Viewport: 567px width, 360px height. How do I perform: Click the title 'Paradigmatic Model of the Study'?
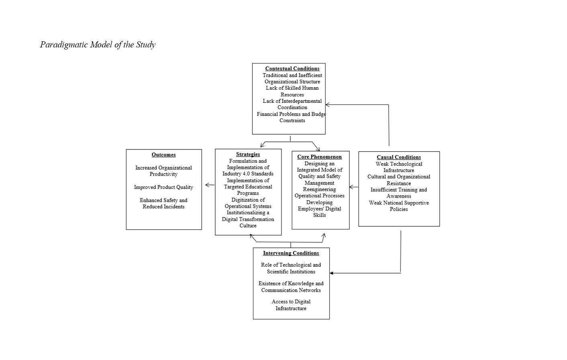98,45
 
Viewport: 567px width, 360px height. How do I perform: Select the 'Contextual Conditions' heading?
292,68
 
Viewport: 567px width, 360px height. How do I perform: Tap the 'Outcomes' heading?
163,155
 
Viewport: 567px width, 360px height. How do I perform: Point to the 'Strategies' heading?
248,154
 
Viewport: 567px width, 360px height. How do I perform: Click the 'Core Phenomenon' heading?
320,157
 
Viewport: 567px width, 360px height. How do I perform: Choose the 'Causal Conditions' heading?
399,157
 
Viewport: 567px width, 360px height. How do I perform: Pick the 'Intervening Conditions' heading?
291,253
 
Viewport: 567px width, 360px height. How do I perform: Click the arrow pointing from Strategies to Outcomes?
210,185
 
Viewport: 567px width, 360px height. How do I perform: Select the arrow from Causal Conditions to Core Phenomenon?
354,187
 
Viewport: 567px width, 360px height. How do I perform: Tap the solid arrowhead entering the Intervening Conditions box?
331,273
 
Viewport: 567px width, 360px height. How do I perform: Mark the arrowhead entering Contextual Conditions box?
327,104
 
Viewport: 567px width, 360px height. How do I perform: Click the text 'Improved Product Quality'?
163,187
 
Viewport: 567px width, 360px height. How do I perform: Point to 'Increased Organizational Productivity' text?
163,171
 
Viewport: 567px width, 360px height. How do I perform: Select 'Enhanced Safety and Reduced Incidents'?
163,203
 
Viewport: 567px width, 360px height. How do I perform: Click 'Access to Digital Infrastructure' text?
291,305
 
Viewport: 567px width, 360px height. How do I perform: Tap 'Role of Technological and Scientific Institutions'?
291,268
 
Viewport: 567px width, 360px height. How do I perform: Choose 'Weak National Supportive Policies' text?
399,206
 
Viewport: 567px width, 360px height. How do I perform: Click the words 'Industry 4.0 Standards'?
248,174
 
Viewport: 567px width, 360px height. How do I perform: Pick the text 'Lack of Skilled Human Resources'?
292,91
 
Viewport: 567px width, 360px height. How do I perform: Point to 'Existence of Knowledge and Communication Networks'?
291,286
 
